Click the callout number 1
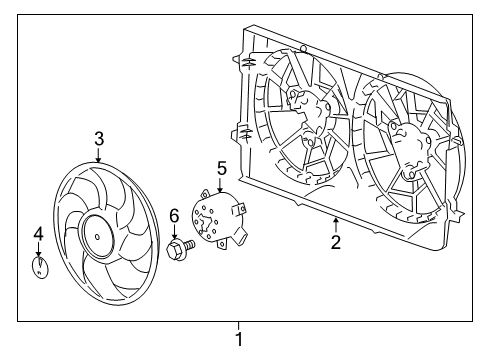(238, 340)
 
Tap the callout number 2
(336, 241)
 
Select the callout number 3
(99, 138)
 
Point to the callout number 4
(38, 234)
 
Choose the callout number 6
(173, 215)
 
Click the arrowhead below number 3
(99, 160)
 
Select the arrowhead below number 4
(38, 257)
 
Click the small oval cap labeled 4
(40, 270)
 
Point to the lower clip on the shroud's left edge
(244, 130)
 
